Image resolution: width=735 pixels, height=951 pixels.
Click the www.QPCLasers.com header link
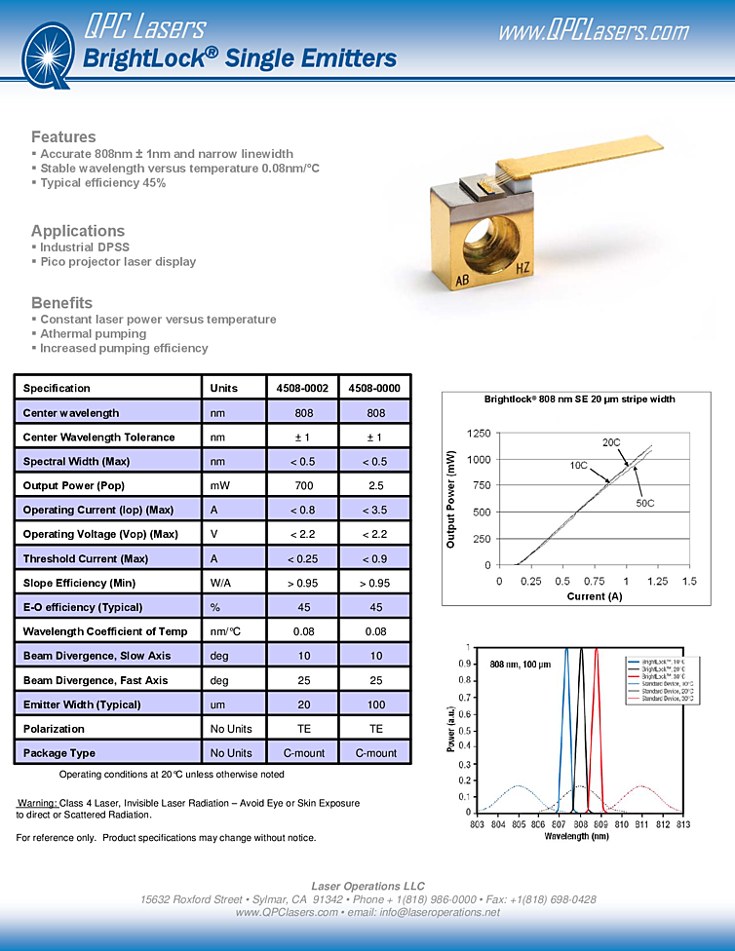click(593, 31)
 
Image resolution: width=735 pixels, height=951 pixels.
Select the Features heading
click(63, 136)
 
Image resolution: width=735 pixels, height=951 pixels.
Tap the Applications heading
click(78, 231)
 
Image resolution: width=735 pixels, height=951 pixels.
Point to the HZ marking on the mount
click(523, 267)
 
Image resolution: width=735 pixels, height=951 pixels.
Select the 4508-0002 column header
click(303, 388)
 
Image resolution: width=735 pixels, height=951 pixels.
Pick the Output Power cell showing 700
click(303, 485)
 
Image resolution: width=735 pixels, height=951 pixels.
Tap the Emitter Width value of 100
click(375, 704)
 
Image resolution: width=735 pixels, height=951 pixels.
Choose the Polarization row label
click(54, 729)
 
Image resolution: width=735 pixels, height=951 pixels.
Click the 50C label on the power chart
click(644, 503)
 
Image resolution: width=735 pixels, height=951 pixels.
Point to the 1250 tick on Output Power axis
click(480, 433)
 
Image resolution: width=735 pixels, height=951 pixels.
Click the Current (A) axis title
click(595, 596)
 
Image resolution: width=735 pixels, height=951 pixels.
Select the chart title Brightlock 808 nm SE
click(579, 399)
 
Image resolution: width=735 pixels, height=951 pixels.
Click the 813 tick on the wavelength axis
click(683, 824)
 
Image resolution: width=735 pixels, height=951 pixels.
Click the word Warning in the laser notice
click(37, 803)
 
